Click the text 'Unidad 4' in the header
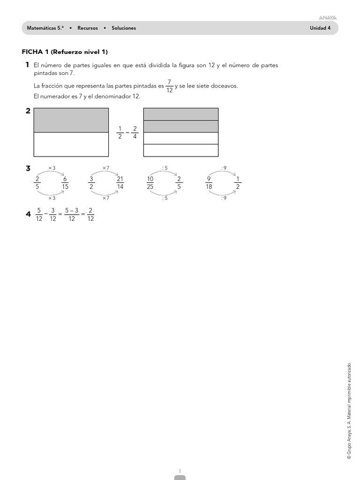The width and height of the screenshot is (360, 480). [x=320, y=28]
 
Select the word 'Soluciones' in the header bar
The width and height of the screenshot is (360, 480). [x=124, y=28]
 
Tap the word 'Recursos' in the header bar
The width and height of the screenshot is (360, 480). [x=88, y=28]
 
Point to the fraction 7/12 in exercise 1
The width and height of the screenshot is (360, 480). [x=169, y=86]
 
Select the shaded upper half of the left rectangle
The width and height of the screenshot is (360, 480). [x=71, y=120]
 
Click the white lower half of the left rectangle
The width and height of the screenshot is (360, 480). [x=71, y=144]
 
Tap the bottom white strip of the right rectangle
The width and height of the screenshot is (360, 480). [x=180, y=150]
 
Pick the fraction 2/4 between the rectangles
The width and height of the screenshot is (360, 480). [x=135, y=132]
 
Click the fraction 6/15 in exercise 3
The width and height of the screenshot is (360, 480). [x=65, y=182]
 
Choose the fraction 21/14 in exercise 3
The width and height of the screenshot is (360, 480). [x=120, y=182]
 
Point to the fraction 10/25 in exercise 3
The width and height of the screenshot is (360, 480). [x=150, y=182]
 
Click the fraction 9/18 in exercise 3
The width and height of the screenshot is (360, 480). [x=209, y=182]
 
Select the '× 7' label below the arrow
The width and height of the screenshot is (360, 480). [x=105, y=198]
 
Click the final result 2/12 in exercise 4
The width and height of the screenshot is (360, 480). [x=90, y=214]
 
